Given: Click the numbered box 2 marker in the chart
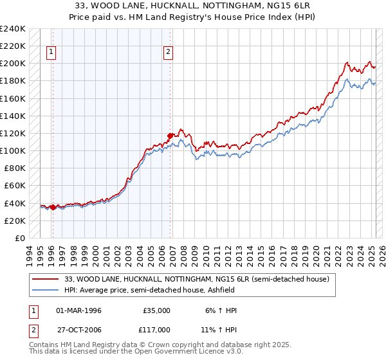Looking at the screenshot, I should (168, 53).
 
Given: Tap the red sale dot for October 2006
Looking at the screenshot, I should (170, 136).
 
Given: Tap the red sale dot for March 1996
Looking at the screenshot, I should (53, 207).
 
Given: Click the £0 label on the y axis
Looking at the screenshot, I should (19, 238).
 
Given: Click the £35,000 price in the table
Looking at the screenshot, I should (157, 310).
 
